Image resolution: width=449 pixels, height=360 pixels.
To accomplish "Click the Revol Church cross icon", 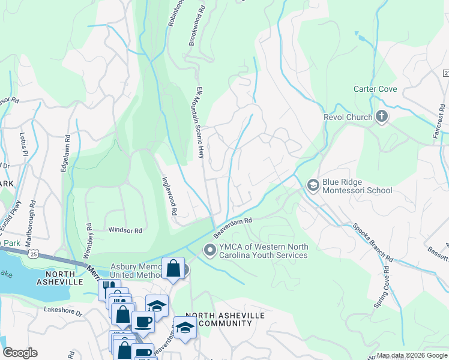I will click(381, 117).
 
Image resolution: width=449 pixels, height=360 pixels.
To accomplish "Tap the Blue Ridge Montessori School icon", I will click(312, 186).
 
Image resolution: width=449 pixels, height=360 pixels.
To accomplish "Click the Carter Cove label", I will click(375, 89).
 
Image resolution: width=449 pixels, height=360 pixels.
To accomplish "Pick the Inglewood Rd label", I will click(169, 195).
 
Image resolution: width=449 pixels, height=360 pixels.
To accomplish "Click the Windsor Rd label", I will click(125, 230).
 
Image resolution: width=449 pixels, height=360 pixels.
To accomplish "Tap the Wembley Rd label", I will click(88, 238).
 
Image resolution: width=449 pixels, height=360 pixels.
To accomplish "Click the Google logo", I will click(20, 353).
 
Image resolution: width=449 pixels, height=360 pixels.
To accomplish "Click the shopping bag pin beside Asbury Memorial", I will click(173, 268).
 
